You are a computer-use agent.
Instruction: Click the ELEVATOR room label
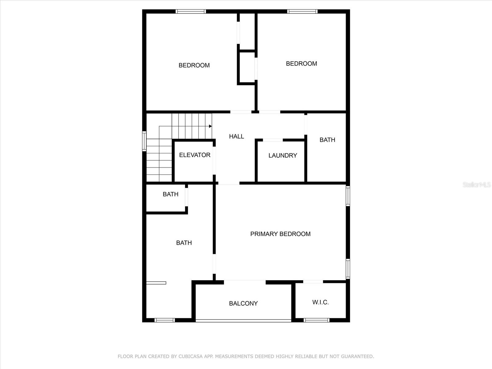(195, 155)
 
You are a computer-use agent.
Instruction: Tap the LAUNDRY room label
(283, 156)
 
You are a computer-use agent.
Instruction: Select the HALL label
(236, 136)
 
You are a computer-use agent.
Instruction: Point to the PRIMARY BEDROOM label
(280, 234)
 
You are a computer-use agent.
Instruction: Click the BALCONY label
(243, 304)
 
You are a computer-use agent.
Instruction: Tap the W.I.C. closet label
(320, 302)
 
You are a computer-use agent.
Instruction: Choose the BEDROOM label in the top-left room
(194, 65)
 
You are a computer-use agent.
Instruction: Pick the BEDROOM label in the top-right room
(301, 64)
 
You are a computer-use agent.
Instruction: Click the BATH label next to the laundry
(327, 140)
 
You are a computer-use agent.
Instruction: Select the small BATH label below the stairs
(170, 194)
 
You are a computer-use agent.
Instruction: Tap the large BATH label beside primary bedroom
(184, 243)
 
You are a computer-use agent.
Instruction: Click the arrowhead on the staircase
(210, 126)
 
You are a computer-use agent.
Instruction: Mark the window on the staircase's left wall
(144, 141)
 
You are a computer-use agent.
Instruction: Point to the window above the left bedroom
(191, 12)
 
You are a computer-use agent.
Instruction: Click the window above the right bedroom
(302, 12)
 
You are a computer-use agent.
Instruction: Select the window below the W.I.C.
(316, 320)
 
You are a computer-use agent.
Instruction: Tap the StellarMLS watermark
(477, 184)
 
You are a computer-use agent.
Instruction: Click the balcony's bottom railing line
(243, 321)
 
